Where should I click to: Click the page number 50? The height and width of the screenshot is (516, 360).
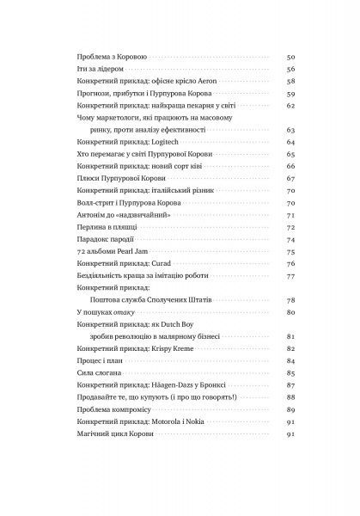tap(290, 55)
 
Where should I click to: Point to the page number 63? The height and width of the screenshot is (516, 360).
tap(290, 128)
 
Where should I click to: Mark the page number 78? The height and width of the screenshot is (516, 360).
tap(290, 298)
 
